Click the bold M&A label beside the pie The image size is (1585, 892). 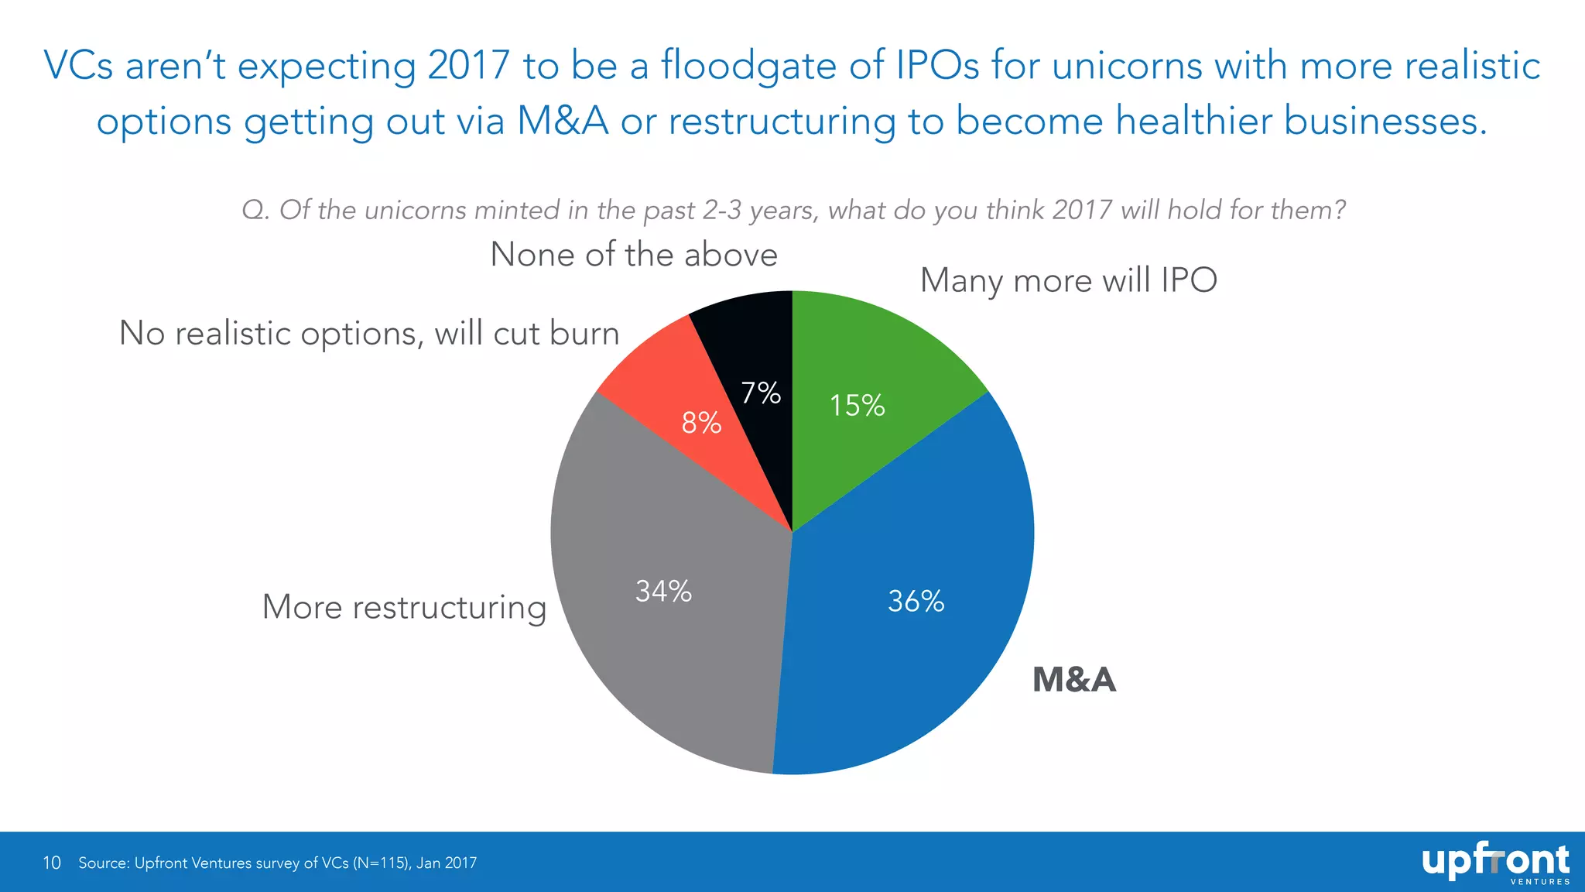[x=1074, y=680]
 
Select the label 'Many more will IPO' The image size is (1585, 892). [x=1068, y=280]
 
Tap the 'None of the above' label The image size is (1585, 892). [x=634, y=255]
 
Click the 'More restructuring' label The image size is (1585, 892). [x=404, y=607]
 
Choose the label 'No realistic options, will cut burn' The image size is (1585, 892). [x=369, y=334]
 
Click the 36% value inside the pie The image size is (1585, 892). [x=916, y=602]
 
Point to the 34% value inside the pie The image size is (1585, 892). [x=663, y=592]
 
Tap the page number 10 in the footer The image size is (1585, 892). [x=52, y=863]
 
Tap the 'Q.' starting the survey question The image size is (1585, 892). [x=255, y=211]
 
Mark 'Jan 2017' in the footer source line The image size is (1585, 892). [x=447, y=863]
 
